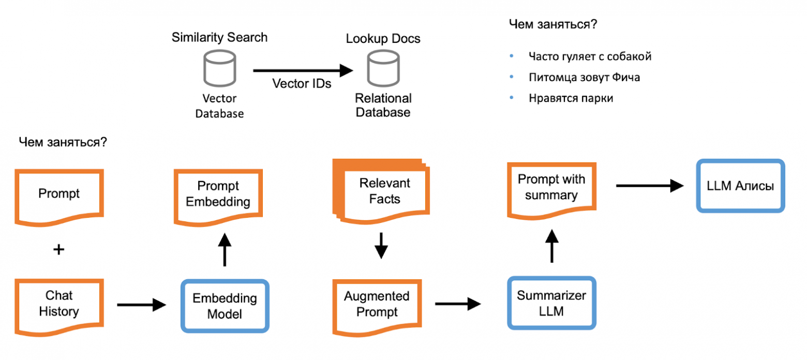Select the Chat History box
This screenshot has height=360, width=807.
point(59,304)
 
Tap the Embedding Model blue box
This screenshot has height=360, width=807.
point(225,306)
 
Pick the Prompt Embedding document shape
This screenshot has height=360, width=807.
point(218,193)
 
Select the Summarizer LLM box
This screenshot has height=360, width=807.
point(551,303)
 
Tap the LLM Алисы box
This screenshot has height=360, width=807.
point(740,186)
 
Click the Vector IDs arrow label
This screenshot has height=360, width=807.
point(302,84)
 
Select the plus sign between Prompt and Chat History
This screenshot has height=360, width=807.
point(59,249)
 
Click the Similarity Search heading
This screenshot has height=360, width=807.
point(219,37)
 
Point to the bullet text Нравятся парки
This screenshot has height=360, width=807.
point(571,98)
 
